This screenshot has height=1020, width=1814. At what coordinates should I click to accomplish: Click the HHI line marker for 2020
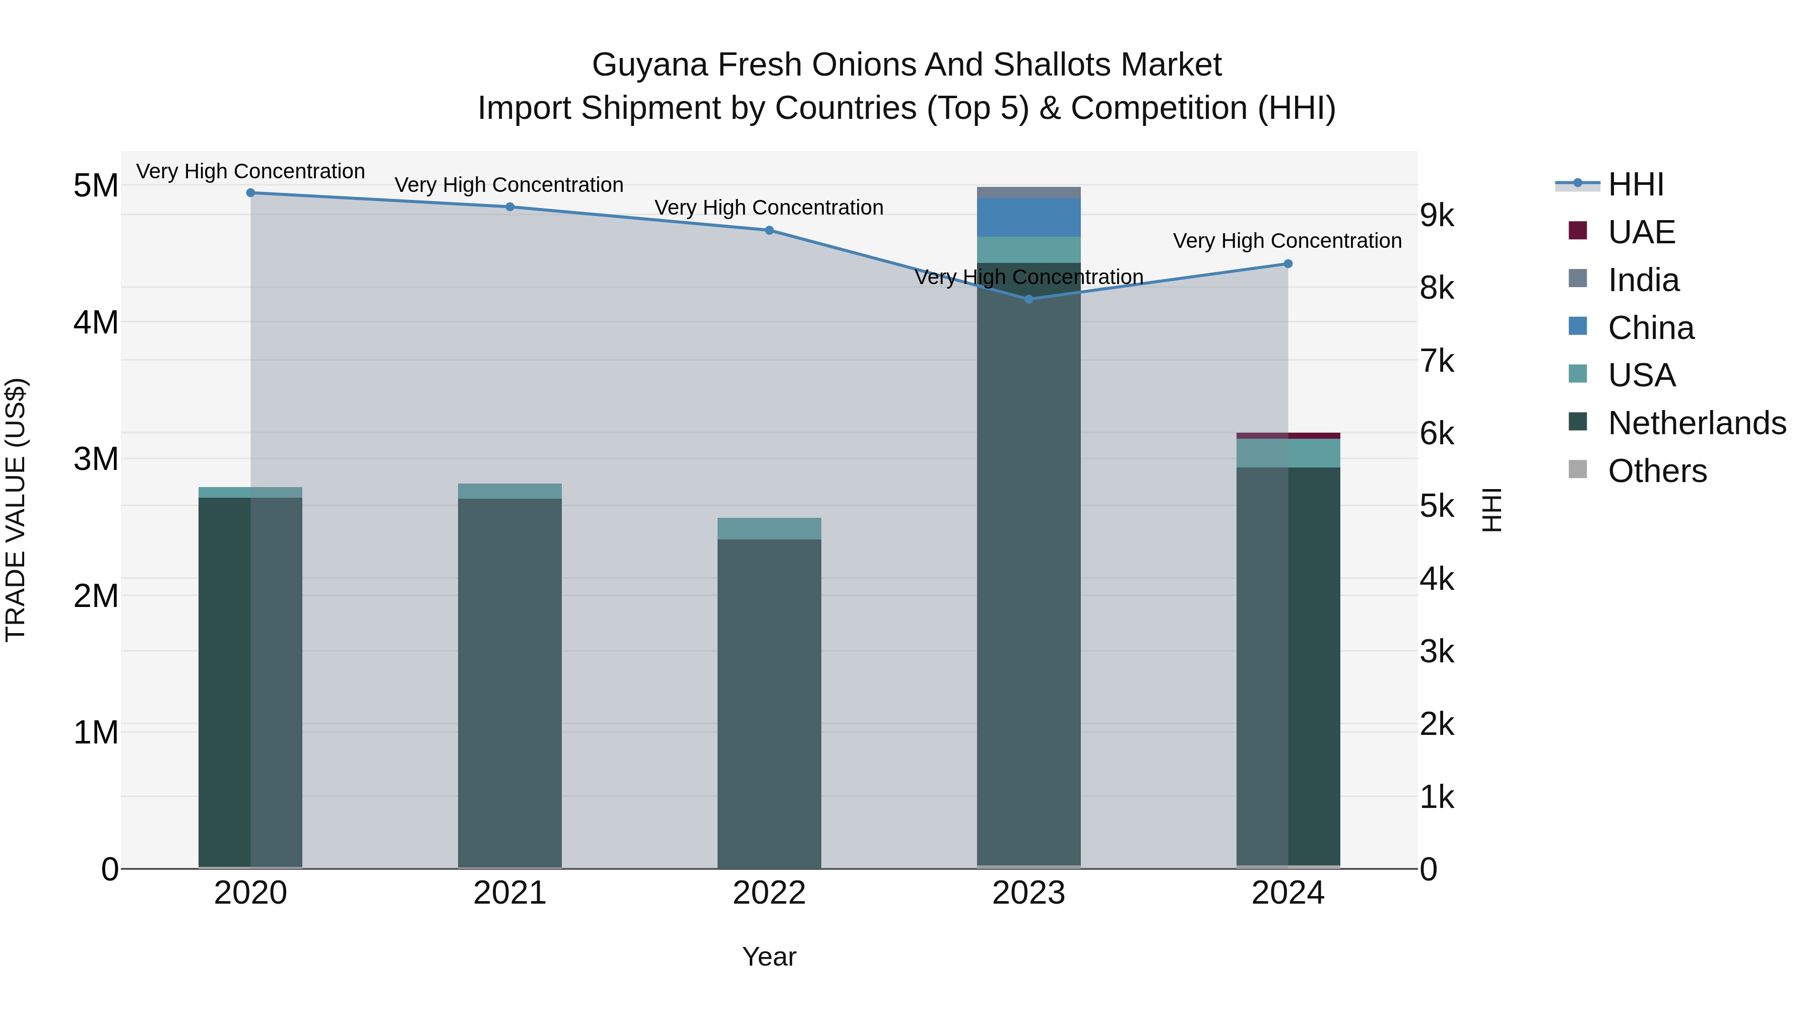(251, 193)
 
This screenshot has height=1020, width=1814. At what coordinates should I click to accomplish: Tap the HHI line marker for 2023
(1029, 299)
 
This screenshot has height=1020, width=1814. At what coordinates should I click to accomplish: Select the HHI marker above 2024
(1288, 264)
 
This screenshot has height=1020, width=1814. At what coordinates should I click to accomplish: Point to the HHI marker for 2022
(769, 230)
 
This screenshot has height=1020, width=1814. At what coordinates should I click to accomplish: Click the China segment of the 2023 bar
(1029, 218)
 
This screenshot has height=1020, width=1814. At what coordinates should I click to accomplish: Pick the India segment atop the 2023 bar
(1029, 192)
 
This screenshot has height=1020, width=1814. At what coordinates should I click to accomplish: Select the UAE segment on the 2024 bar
(1288, 436)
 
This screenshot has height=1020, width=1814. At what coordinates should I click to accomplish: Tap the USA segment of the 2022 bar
(769, 529)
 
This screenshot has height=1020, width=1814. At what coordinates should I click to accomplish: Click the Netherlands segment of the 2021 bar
(510, 683)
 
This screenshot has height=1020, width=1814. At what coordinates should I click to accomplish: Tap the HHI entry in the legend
(1635, 184)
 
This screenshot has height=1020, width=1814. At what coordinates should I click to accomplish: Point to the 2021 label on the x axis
(510, 893)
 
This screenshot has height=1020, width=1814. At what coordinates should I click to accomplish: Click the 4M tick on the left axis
(96, 322)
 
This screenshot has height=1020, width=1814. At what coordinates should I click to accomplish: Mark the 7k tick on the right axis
(1437, 361)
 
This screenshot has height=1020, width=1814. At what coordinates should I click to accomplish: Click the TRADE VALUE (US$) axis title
(16, 510)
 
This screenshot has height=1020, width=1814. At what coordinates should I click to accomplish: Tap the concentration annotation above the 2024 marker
(1287, 241)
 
